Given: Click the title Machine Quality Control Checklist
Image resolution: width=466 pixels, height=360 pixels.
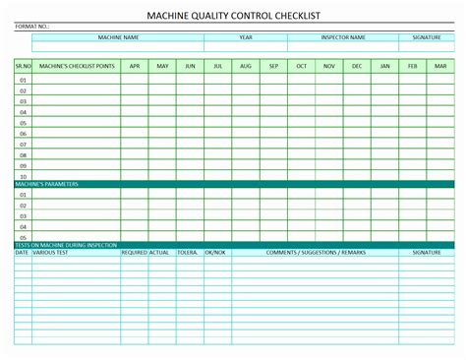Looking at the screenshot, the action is click(232, 16).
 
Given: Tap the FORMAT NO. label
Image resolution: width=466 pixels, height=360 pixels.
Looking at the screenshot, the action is click(31, 27).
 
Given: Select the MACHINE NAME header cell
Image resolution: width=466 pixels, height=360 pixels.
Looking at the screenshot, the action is click(118, 37).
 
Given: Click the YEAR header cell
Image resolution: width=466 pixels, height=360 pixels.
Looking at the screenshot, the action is click(246, 37).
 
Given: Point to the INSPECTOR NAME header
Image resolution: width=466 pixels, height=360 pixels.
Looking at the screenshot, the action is click(343, 37).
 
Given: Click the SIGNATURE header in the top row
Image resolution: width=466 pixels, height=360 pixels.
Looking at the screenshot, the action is click(427, 37).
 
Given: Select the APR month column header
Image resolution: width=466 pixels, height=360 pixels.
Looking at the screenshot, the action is click(135, 66).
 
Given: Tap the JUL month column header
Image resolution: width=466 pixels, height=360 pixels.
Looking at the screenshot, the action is click(218, 66).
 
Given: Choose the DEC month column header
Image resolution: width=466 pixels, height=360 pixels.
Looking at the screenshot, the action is click(357, 66).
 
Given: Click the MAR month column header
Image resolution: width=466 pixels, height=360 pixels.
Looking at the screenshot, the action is click(440, 66).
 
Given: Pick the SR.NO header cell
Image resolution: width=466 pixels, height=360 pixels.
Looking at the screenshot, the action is click(23, 66).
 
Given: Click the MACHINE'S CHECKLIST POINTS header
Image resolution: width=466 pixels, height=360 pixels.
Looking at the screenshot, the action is click(76, 66).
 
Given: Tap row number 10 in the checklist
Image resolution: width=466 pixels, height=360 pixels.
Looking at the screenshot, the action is click(23, 176).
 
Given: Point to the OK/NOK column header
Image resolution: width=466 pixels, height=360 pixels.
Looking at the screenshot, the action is click(214, 253).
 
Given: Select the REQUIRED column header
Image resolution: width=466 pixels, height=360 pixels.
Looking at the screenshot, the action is click(134, 253).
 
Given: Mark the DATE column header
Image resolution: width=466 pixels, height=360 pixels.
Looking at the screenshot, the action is click(22, 253).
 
